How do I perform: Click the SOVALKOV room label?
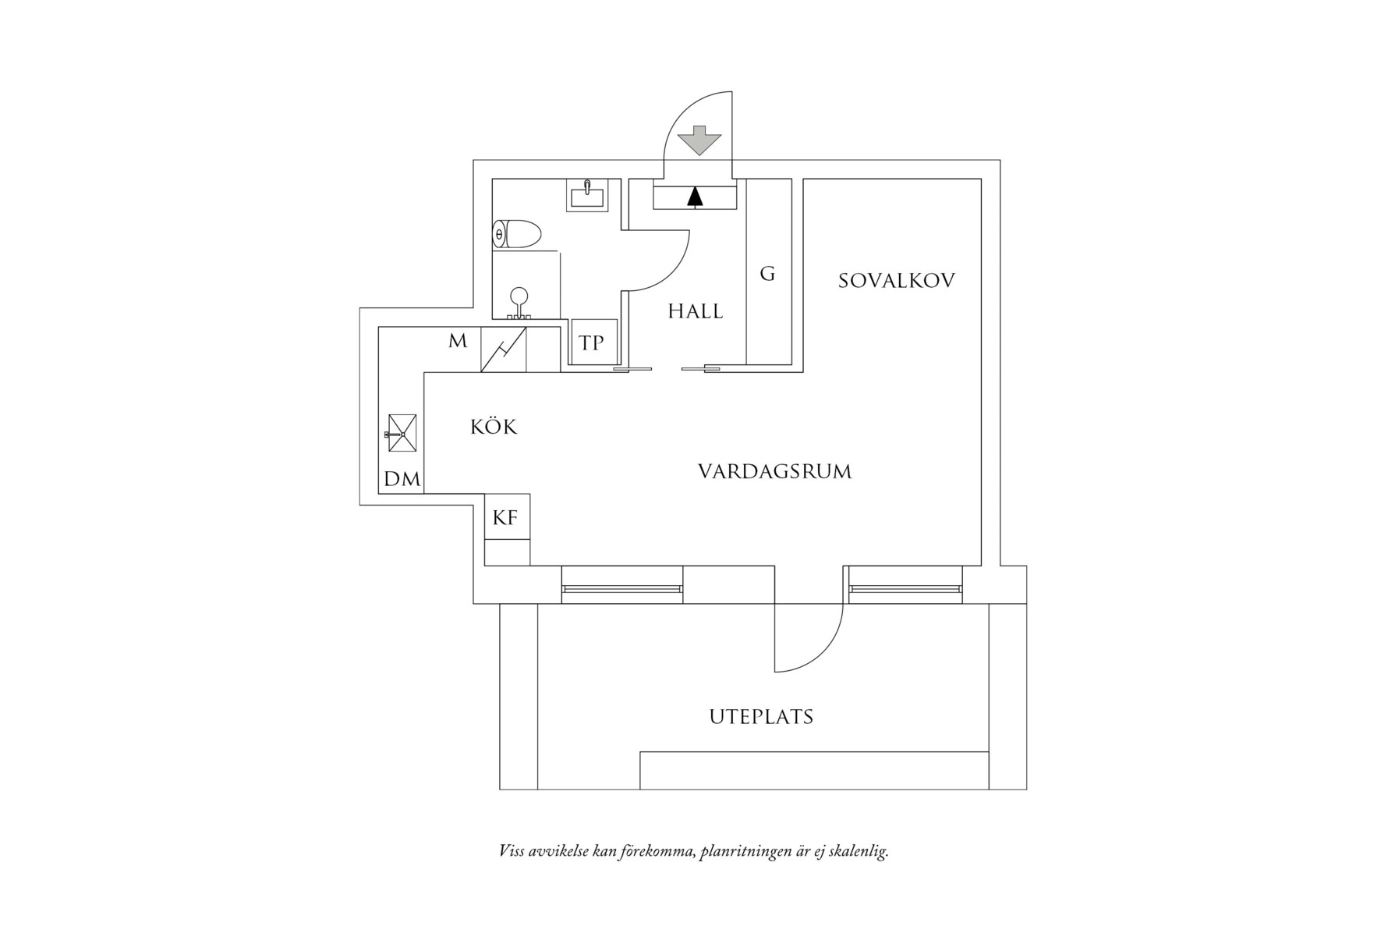[x=896, y=281]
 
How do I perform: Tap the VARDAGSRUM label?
[x=774, y=472]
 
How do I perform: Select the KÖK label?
[x=494, y=428]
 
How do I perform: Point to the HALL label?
[x=695, y=312]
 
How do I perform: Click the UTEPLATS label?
[x=761, y=717]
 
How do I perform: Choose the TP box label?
[x=592, y=343]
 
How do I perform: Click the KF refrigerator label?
[x=505, y=517]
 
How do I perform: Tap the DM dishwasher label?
[x=402, y=479]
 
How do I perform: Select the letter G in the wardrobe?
[x=767, y=274]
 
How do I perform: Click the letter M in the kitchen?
[x=458, y=341]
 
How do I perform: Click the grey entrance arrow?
[x=699, y=140]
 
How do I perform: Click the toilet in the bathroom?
[x=517, y=234]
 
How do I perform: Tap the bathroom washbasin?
[x=587, y=194]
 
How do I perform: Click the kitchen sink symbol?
[x=402, y=433]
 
